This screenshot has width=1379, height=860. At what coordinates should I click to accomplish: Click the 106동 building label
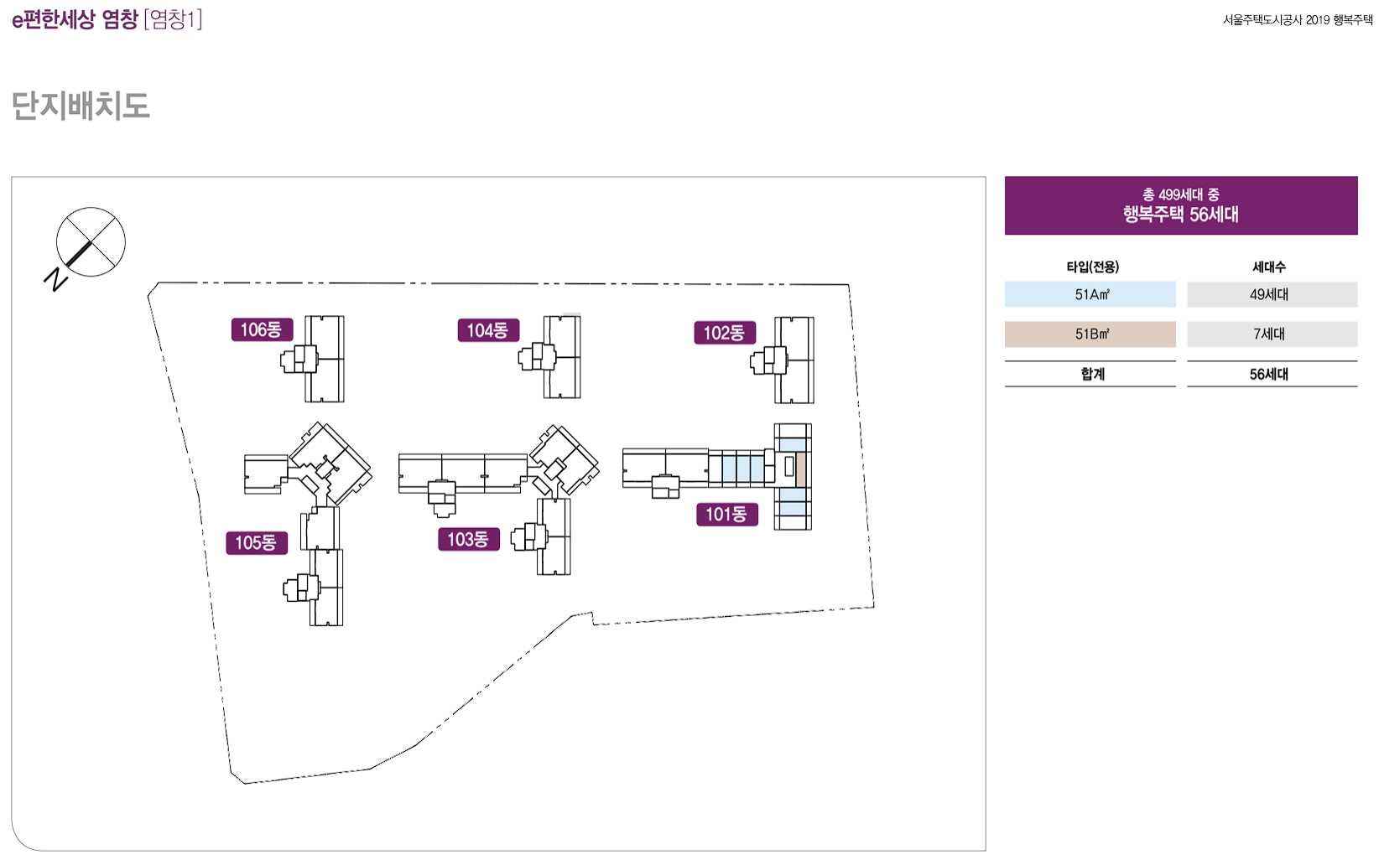(x=262, y=329)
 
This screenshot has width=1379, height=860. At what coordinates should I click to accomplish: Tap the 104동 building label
(x=488, y=330)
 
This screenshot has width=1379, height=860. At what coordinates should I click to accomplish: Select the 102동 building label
(x=725, y=333)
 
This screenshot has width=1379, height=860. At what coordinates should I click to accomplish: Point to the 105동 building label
(x=256, y=542)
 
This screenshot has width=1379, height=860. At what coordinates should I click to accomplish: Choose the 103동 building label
(x=468, y=539)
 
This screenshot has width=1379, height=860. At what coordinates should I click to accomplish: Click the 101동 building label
(x=726, y=514)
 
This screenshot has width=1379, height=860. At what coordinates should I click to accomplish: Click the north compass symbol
(x=91, y=242)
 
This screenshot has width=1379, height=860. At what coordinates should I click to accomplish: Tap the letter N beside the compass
(x=55, y=279)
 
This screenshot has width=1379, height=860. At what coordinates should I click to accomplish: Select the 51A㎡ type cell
(x=1090, y=294)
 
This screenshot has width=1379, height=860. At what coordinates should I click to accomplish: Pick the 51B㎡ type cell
(x=1090, y=334)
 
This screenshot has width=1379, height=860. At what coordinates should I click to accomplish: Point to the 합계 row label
(x=1091, y=374)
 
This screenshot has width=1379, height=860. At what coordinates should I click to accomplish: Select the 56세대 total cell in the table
(x=1269, y=374)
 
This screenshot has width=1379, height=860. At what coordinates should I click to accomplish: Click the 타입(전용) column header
(x=1092, y=267)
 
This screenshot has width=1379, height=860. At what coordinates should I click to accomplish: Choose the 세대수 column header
(x=1269, y=267)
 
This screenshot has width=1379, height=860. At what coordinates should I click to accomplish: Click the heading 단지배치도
(x=81, y=106)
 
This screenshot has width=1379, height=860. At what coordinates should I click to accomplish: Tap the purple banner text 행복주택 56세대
(x=1180, y=214)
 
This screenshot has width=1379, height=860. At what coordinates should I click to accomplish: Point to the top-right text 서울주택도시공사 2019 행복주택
(x=1297, y=20)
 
